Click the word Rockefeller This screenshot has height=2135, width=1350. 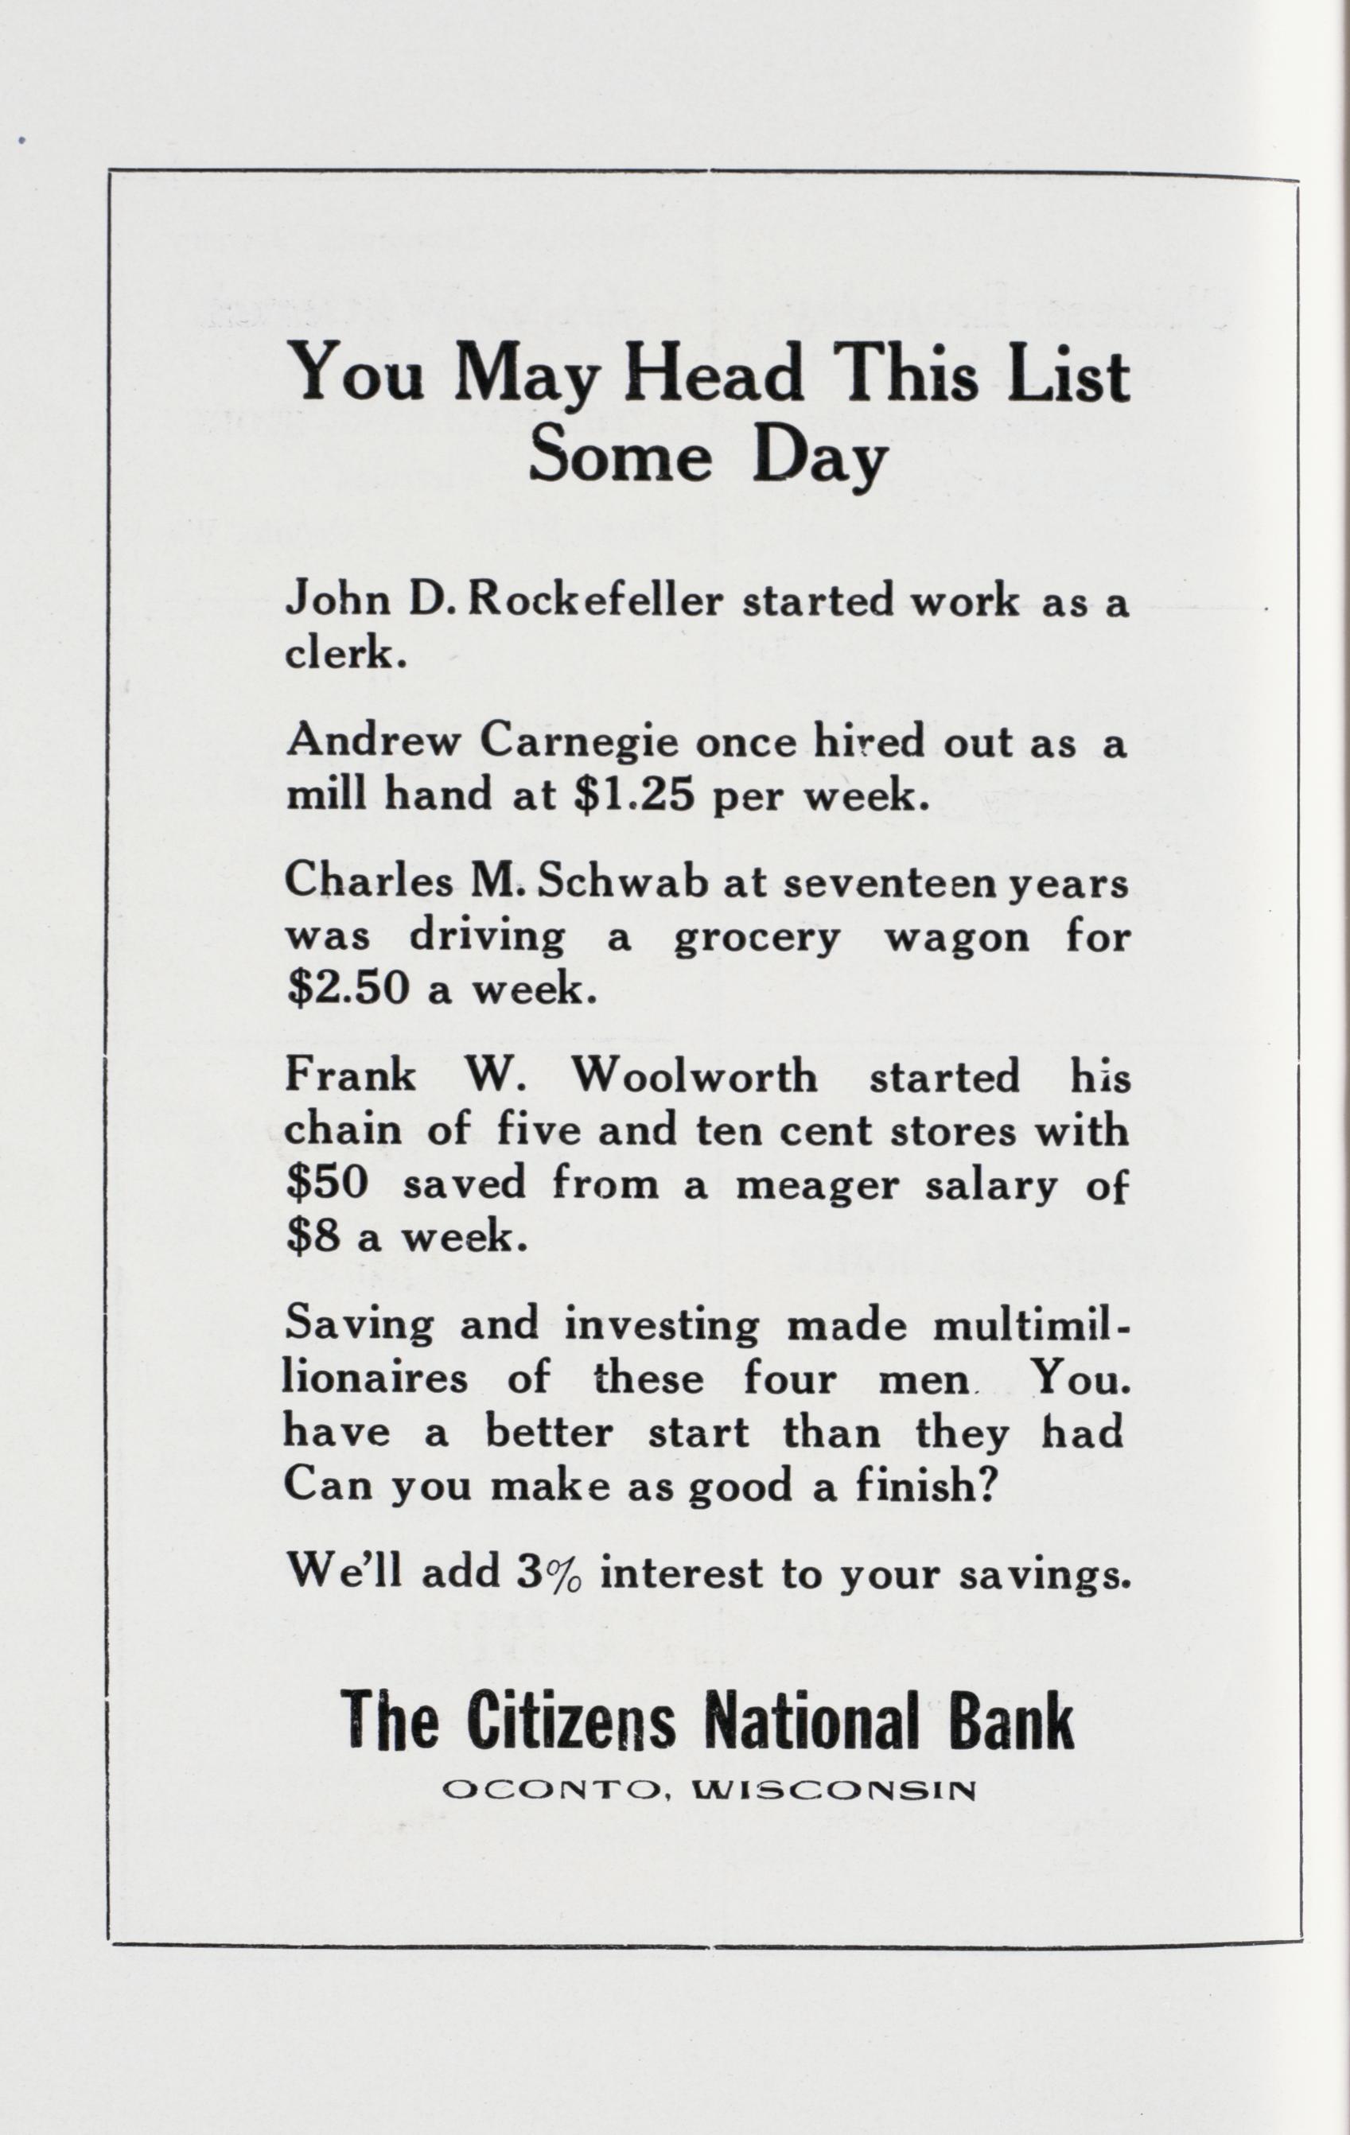pos(594,602)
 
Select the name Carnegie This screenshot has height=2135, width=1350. pos(582,742)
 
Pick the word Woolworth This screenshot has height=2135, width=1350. pos(694,1077)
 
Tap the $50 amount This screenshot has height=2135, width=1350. pos(326,1184)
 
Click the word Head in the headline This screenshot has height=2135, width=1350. pos(714,375)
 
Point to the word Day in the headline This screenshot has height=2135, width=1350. pos(819,459)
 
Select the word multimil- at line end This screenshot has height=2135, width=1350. pos(1033,1325)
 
